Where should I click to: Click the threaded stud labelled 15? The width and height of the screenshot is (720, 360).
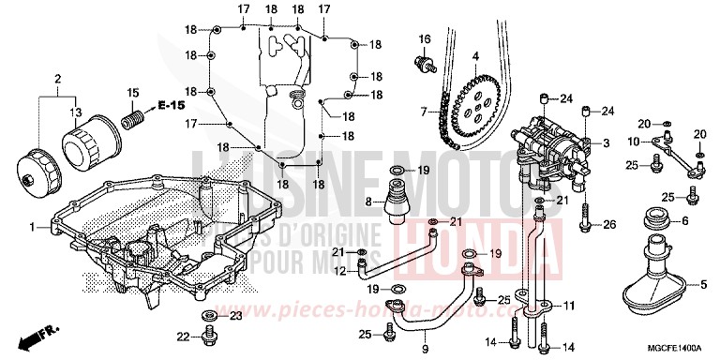pos(135,119)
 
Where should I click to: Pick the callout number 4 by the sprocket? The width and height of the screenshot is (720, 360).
pos(475,55)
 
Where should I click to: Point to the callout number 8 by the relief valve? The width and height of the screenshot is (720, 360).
pos(369,201)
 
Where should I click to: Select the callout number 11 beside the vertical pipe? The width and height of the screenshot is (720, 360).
pos(568,306)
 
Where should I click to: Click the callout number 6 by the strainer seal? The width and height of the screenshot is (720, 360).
pos(684,220)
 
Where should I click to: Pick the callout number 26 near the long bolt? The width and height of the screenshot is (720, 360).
pos(609,224)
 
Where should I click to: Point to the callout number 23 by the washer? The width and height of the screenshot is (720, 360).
pos(236,316)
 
